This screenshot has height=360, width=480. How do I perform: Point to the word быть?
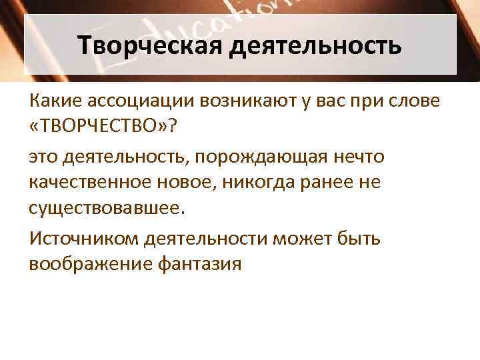359,239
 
